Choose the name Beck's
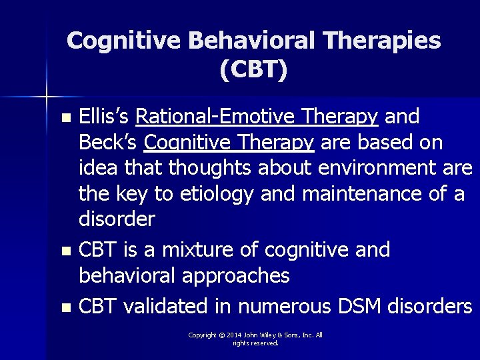107,142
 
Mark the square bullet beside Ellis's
65,118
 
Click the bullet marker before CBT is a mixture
65,252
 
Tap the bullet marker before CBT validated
65,309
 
